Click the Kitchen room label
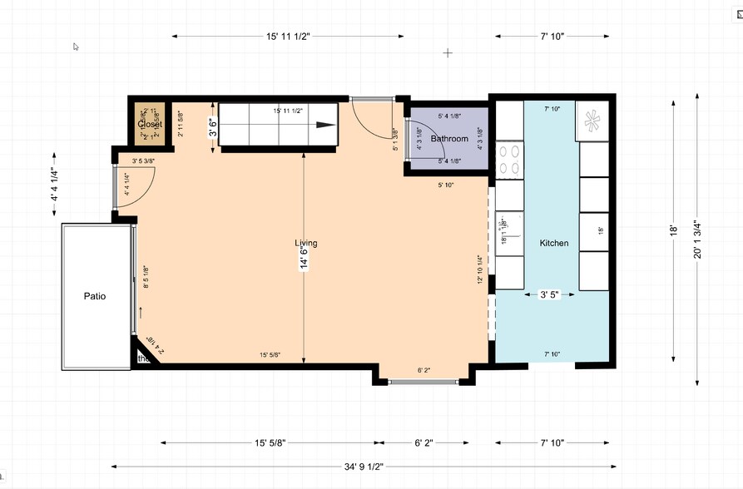click(554, 243)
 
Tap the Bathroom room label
click(449, 139)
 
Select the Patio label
click(94, 296)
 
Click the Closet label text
click(150, 125)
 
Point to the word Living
click(305, 243)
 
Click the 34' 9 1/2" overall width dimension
click(363, 467)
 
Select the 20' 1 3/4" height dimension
click(698, 241)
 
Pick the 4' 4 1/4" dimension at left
click(54, 185)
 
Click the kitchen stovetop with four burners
click(509, 161)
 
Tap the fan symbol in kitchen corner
click(593, 121)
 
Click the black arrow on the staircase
click(325, 126)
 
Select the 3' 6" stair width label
click(213, 127)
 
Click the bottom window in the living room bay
click(423, 382)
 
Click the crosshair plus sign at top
click(448, 52)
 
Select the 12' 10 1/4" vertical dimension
click(480, 269)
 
